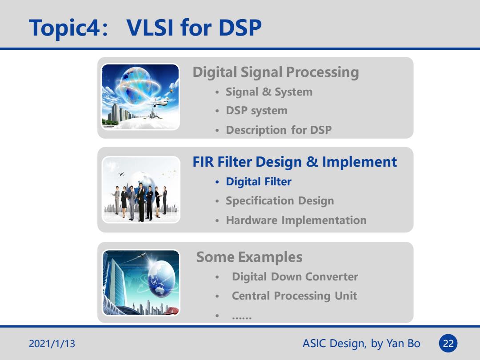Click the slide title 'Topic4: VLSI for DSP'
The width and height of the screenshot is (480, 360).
tap(145, 28)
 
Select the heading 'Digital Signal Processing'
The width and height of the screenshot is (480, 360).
tap(276, 72)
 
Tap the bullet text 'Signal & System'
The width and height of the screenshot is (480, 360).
tap(269, 92)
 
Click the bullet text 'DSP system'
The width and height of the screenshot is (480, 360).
tap(256, 111)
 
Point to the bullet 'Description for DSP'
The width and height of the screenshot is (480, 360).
tap(279, 130)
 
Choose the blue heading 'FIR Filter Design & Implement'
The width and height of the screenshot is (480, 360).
tap(295, 162)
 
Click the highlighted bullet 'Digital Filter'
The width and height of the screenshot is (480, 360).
tap(258, 181)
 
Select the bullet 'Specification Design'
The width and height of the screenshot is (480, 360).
tap(280, 201)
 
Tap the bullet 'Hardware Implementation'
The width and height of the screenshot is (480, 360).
tap(296, 220)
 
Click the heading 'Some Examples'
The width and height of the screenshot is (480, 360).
tap(249, 257)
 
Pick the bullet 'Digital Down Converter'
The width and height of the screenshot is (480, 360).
tap(295, 277)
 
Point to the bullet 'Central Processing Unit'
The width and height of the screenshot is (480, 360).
tap(294, 296)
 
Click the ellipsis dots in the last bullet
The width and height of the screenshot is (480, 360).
tap(241, 318)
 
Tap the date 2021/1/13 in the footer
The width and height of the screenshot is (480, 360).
tap(52, 344)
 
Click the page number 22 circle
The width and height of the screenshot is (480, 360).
tap(448, 344)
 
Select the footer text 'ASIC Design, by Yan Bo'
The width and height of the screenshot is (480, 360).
tap(361, 344)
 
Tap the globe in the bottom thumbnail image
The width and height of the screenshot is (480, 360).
tap(162, 279)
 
